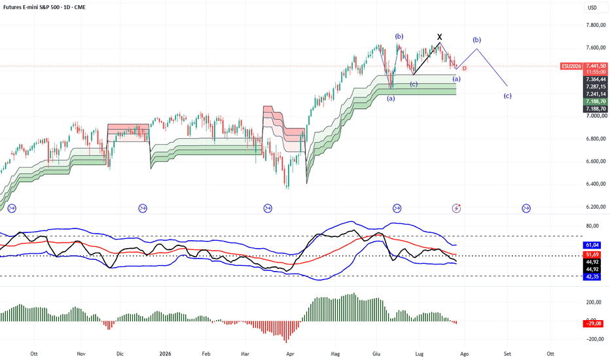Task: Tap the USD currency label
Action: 592,8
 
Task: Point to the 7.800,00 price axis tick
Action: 596,26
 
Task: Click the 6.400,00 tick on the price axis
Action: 596,184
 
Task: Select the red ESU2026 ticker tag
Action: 571,66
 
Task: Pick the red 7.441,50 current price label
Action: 596,66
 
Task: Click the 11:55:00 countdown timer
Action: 596,72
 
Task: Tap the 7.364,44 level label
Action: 596,79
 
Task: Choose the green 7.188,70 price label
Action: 596,101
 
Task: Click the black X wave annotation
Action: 440,37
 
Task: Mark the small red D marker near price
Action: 464,69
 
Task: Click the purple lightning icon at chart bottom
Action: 456,208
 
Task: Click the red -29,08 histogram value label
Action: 593,323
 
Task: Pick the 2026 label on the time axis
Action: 166,353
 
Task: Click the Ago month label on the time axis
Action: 464,353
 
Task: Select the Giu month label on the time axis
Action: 376,353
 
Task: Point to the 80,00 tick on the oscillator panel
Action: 592,226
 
